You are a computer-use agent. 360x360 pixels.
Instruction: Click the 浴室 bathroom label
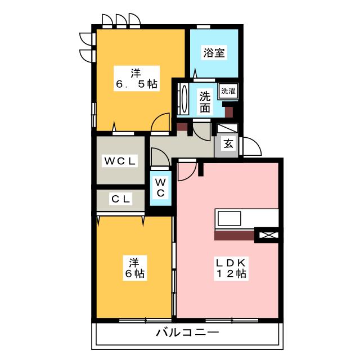pyautogui.click(x=214, y=53)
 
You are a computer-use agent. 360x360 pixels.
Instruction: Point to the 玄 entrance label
pyautogui.click(x=228, y=143)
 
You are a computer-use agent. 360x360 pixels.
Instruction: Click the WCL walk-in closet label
pyautogui.click(x=119, y=161)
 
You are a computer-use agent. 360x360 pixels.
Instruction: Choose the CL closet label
pyautogui.click(x=120, y=199)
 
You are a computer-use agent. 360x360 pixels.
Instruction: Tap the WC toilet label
pyautogui.click(x=160, y=187)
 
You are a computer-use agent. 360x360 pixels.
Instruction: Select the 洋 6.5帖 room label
pyautogui.click(x=136, y=78)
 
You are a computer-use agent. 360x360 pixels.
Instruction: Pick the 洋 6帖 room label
pyautogui.click(x=134, y=268)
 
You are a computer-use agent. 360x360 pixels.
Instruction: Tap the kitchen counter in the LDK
pyautogui.click(x=246, y=218)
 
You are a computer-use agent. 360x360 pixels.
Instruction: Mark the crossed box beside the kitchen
pyautogui.click(x=267, y=235)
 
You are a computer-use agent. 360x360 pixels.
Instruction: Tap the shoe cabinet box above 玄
pyautogui.click(x=228, y=128)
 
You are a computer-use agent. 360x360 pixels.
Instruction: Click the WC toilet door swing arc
pyautogui.click(x=159, y=157)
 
